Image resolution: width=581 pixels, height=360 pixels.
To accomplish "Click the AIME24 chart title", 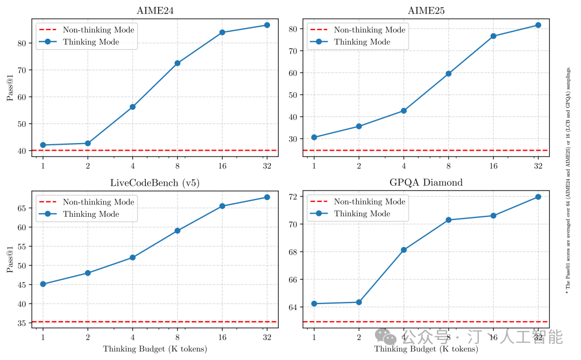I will pyautogui.click(x=154, y=11).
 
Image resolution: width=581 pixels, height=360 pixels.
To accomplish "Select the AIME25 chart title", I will pyautogui.click(x=426, y=11).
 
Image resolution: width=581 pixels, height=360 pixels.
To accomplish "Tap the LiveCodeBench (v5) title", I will pyautogui.click(x=154, y=183).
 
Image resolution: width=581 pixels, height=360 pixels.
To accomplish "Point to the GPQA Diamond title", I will pyautogui.click(x=426, y=183).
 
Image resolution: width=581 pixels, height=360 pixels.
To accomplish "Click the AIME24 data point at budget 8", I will pyautogui.click(x=178, y=63).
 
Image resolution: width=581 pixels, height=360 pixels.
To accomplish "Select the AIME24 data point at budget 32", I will pyautogui.click(x=267, y=25).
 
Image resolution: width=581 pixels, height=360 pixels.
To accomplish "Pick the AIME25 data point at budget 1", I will pyautogui.click(x=314, y=137).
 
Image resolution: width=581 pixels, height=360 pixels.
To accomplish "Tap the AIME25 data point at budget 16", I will pyautogui.click(x=493, y=36).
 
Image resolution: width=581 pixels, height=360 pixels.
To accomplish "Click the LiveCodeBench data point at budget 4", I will pyautogui.click(x=132, y=257).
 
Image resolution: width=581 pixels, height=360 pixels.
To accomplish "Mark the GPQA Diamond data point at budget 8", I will pyautogui.click(x=448, y=220).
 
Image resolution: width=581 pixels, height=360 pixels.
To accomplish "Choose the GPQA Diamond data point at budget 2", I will pyautogui.click(x=359, y=302).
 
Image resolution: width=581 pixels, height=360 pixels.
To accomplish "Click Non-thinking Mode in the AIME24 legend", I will pyautogui.click(x=98, y=30).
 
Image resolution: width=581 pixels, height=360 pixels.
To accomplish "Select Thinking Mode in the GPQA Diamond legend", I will pyautogui.click(x=362, y=214).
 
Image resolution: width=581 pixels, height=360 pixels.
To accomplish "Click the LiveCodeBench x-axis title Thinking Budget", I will pyautogui.click(x=155, y=349).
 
